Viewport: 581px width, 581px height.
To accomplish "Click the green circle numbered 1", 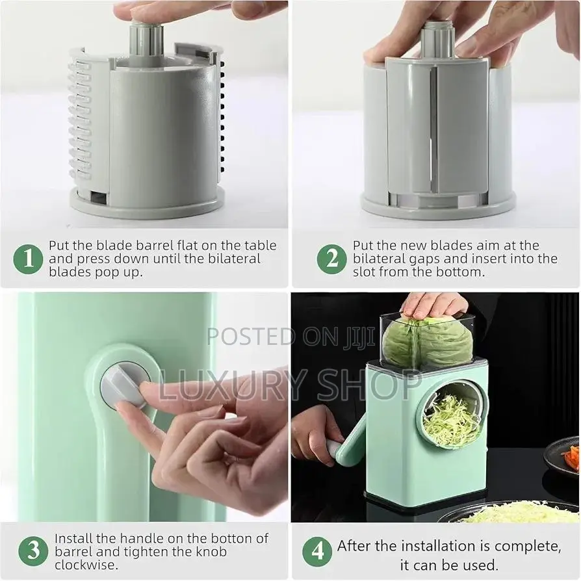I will (x=28, y=259).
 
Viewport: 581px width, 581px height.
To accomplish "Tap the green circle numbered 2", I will (x=331, y=259).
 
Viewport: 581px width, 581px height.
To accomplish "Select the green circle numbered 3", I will (x=32, y=551).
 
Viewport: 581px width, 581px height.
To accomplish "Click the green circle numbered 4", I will (x=318, y=551).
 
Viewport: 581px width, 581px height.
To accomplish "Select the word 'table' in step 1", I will (x=261, y=246).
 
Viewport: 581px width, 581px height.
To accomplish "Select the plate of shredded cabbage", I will (x=513, y=513).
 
